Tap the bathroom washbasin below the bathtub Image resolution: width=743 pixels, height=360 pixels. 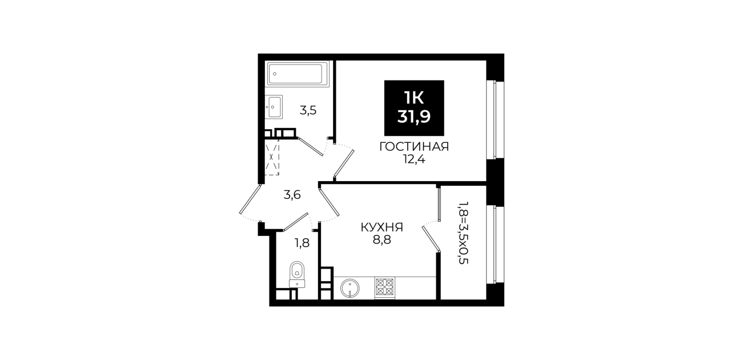(274, 107)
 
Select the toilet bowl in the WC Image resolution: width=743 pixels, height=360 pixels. (297, 274)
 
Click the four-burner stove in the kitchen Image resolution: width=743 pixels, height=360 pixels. (385, 287)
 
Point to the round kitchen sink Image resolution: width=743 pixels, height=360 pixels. (350, 288)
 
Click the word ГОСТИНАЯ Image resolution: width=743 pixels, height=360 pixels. (414, 147)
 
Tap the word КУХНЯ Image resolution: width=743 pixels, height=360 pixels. (382, 227)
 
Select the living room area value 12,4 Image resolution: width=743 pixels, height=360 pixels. (414, 159)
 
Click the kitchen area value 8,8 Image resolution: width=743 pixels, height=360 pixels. (382, 239)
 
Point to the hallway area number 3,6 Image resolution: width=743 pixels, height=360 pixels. (292, 195)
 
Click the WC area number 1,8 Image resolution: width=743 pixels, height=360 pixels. (302, 243)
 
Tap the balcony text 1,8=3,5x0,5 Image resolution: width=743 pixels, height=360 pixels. (463, 232)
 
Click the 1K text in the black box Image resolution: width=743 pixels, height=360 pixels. (414, 98)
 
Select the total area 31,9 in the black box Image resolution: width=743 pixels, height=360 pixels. (414, 117)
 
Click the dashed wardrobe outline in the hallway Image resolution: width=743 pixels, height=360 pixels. (272, 157)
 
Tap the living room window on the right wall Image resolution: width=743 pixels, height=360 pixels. (494, 119)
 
